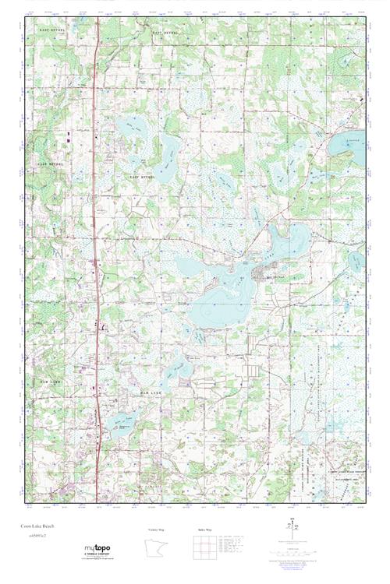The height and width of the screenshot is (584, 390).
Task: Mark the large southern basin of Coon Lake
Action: click(x=218, y=311)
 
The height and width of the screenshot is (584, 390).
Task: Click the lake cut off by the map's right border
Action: click(x=347, y=144)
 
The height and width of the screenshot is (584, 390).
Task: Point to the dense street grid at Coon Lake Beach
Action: click(x=261, y=273)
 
